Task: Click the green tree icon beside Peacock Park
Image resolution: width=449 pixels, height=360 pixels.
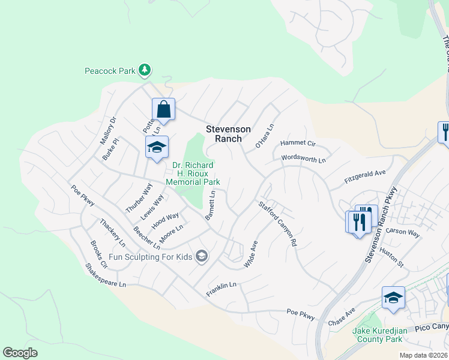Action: coord(144,71)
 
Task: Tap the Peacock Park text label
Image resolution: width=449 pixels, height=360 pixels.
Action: coord(109,71)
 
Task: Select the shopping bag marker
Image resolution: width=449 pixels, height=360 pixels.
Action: coord(163,109)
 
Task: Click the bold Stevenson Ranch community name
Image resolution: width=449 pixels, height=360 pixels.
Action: coord(224,133)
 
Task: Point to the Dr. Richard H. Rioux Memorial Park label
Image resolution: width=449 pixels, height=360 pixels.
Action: coord(196,173)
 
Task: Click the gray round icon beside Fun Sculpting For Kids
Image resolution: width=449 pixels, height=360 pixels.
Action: coord(202,257)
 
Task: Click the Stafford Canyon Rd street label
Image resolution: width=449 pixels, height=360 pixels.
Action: coord(278,224)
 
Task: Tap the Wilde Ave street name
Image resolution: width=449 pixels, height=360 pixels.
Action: coord(251,254)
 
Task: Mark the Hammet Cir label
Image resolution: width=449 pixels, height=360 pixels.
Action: coord(298,144)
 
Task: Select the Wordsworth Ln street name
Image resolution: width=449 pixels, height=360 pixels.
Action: coord(303,160)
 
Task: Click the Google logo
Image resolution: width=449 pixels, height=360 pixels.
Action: coord(20,353)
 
